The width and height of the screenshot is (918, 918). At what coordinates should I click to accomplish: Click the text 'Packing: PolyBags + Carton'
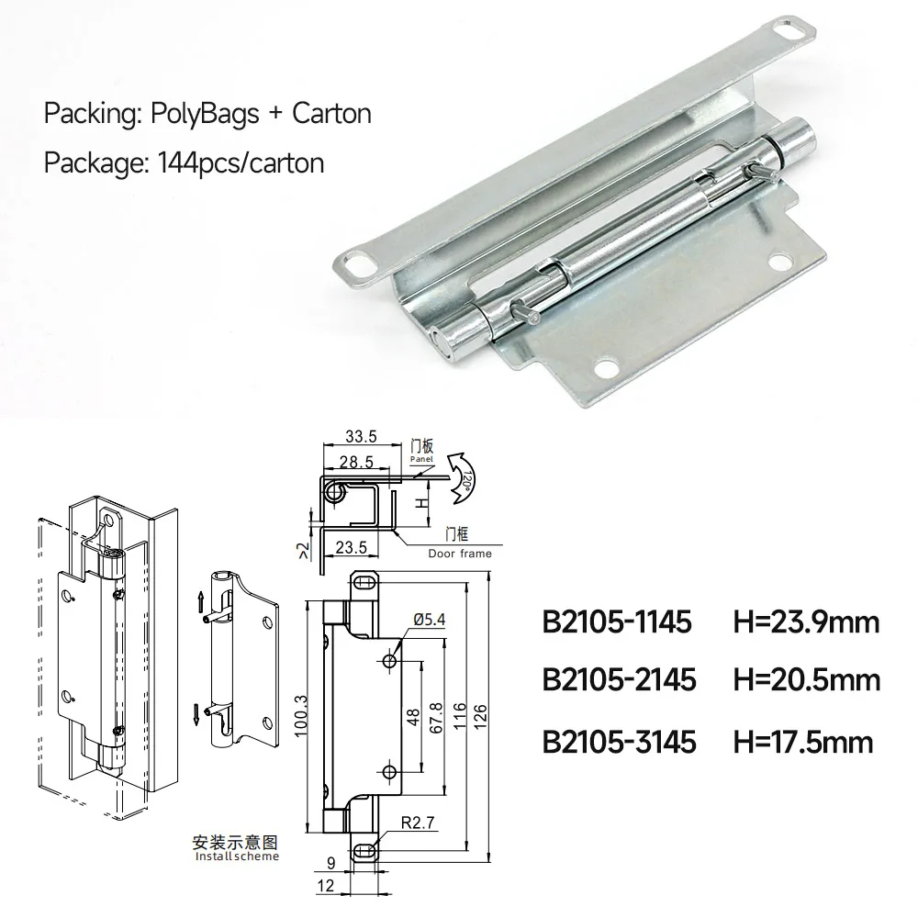click(x=207, y=114)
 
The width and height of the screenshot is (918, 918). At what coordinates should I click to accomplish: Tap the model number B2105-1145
click(x=617, y=623)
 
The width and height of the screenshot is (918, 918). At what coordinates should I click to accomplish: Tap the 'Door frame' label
click(x=460, y=554)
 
